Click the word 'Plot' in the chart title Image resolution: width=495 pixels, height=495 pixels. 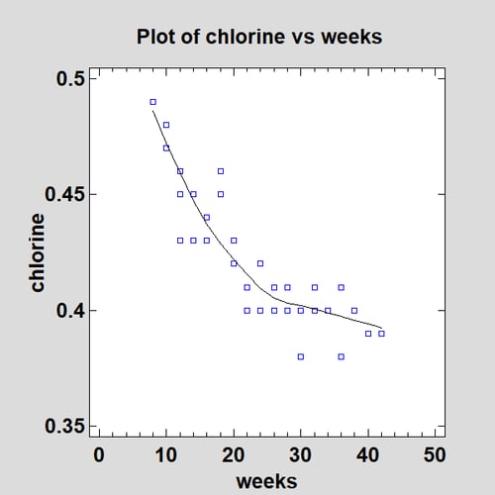point(154,37)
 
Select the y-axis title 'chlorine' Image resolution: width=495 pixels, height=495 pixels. point(38,252)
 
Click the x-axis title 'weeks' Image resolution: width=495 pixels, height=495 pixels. point(267,480)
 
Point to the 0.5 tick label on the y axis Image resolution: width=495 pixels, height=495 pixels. point(71,78)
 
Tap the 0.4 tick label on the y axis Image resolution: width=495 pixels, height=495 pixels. point(71,311)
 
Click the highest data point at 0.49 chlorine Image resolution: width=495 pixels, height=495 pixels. point(152,101)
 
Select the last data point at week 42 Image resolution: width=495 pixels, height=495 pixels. point(381,334)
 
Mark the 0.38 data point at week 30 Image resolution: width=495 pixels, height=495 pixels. point(301,356)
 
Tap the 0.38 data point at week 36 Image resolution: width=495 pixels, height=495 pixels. point(342,356)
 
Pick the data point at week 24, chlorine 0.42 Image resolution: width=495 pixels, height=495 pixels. point(260,263)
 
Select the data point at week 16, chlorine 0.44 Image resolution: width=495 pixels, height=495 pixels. point(207,218)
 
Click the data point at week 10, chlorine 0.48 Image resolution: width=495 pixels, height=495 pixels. point(166,125)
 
